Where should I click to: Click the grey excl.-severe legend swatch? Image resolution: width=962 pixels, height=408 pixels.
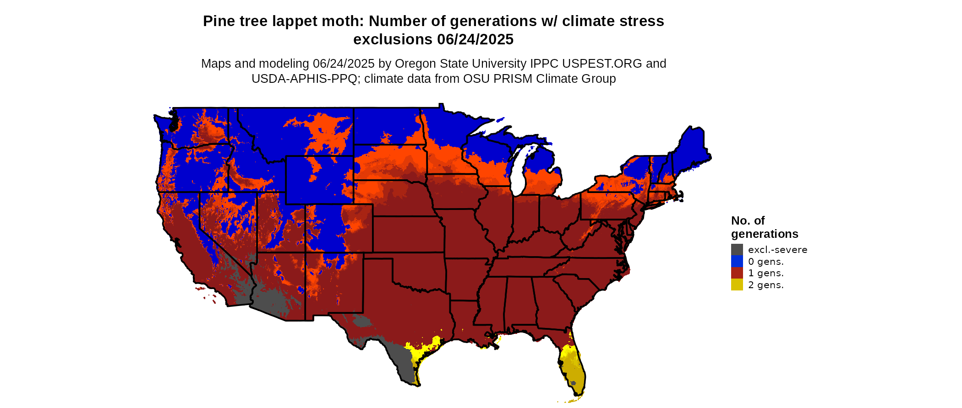coord(737,250)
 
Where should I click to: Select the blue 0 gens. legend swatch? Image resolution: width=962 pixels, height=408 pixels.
coord(737,261)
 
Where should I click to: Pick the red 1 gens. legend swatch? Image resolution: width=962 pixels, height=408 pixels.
coord(737,273)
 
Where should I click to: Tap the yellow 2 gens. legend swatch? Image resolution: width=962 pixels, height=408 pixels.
coord(737,285)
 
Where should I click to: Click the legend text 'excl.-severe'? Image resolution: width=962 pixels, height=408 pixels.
coord(777,250)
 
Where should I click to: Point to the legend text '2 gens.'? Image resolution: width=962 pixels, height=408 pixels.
coord(765,285)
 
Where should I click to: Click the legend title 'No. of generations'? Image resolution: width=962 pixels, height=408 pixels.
coord(764,227)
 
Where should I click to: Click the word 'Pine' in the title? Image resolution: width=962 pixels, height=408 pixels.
coord(218,21)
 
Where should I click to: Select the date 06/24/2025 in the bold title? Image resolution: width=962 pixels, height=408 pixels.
coord(475,40)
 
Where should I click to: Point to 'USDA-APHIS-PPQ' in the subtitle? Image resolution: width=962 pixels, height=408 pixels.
coord(304,79)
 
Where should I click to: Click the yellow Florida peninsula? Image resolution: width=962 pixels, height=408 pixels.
coord(573,366)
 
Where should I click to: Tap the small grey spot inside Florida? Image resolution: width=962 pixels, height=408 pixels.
coord(573,383)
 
